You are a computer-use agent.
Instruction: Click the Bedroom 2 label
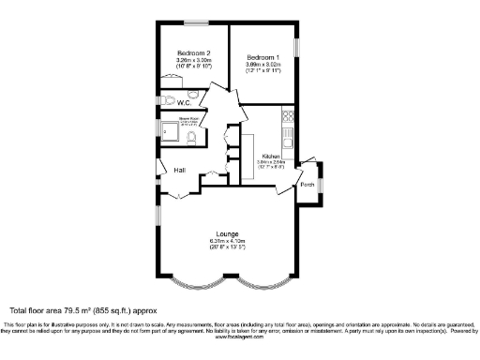(x=194, y=53)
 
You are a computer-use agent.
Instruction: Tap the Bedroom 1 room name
(x=263, y=56)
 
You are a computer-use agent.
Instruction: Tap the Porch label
(x=307, y=184)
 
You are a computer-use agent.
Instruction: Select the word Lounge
(x=227, y=233)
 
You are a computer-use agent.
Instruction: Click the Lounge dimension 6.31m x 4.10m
(x=227, y=241)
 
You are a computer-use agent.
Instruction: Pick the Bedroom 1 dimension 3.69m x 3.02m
(x=263, y=64)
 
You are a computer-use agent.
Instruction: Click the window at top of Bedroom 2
(x=195, y=22)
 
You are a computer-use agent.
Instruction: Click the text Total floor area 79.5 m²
(x=83, y=309)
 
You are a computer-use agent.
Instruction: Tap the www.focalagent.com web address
(x=239, y=336)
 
